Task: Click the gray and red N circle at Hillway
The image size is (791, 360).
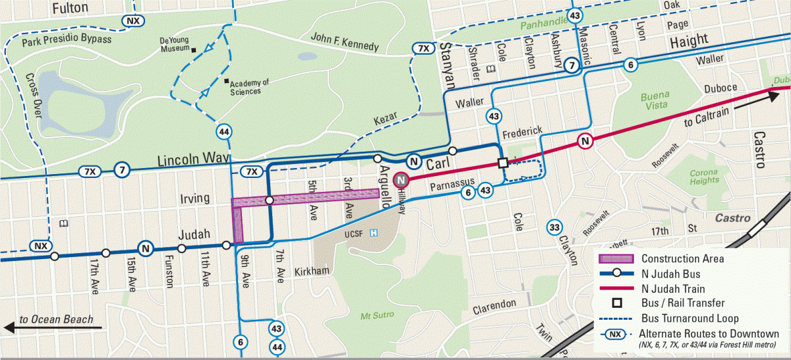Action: coord(400,179)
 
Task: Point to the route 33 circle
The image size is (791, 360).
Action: coord(554,227)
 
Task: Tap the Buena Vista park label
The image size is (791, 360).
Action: coord(655,101)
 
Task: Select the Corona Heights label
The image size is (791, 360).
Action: coord(704,176)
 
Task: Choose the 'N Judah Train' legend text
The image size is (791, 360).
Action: coord(673,289)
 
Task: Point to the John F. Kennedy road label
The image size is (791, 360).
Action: coord(345,42)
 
